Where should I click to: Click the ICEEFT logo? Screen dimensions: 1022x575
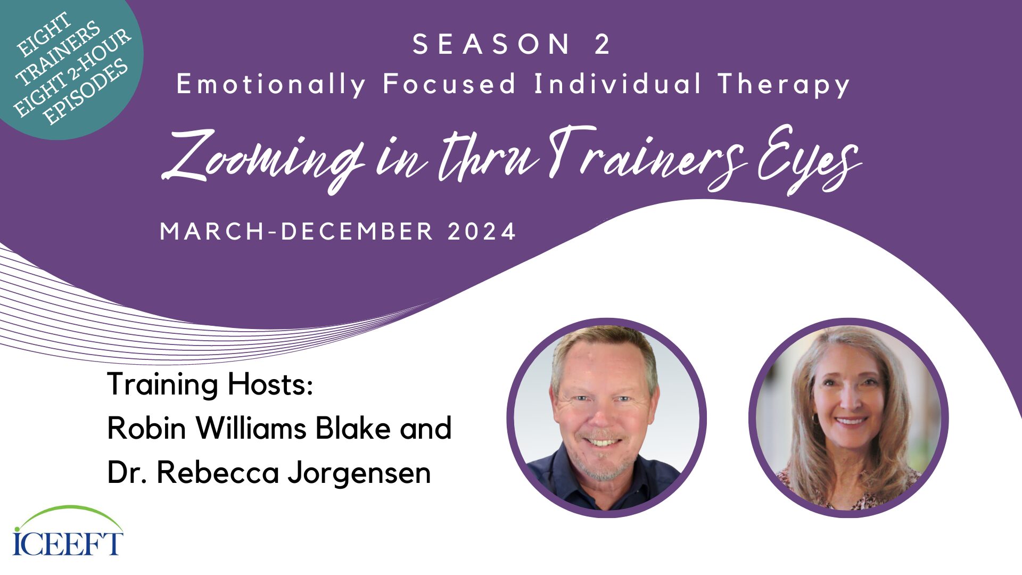coord(68,531)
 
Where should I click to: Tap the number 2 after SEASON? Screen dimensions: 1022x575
coord(603,44)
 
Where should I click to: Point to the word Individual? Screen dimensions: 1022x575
coord(617,84)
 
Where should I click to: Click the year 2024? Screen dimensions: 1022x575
coord(482,232)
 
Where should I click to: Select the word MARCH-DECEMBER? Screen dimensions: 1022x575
coord(297,232)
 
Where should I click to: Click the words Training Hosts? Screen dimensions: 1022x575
coord(210,384)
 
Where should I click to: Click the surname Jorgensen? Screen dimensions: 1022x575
coord(359,473)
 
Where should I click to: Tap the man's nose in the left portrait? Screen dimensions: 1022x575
coord(602,417)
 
